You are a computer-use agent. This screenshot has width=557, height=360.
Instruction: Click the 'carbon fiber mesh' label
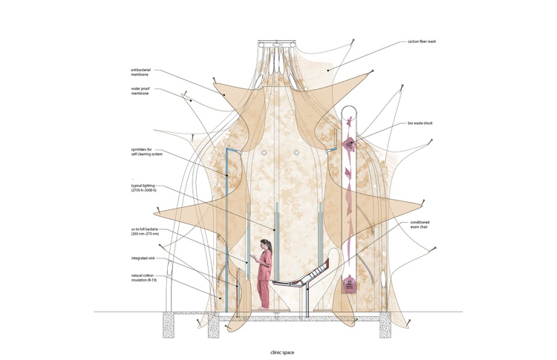(x=422, y=42)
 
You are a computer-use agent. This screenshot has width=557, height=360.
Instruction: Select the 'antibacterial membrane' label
(x=140, y=73)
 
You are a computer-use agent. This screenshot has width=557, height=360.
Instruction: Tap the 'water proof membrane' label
(x=140, y=91)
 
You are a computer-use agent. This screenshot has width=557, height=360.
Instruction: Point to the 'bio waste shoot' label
(x=420, y=123)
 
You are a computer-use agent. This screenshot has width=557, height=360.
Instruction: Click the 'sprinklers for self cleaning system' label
(x=147, y=152)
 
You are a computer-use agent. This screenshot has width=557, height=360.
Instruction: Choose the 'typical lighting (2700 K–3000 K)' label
(x=144, y=188)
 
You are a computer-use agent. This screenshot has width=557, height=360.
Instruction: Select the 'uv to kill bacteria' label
(x=145, y=232)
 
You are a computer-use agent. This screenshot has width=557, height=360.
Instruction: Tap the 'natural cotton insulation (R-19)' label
(x=144, y=278)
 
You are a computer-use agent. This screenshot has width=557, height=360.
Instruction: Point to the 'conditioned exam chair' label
(x=420, y=224)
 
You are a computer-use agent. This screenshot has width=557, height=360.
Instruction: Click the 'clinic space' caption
(x=282, y=353)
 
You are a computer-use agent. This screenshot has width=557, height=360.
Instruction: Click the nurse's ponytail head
(x=266, y=244)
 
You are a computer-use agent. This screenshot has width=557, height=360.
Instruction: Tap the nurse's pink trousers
(x=264, y=294)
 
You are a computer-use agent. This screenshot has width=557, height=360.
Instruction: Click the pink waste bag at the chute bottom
(x=349, y=284)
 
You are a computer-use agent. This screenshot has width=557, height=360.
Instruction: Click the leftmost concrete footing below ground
(x=169, y=325)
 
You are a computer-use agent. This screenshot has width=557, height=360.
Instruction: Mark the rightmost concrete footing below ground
(x=385, y=325)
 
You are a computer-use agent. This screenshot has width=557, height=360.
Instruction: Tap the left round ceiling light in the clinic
(x=264, y=153)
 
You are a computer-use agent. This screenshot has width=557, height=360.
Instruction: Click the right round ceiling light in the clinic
(x=296, y=153)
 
